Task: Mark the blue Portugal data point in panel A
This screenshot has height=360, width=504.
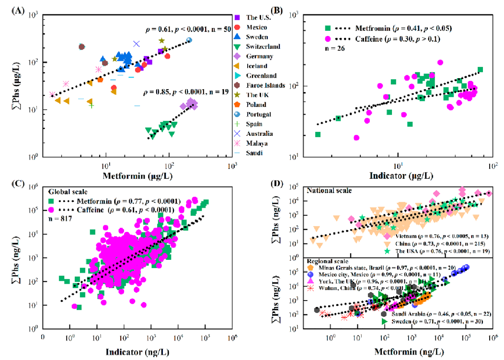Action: pyautogui.click(x=189, y=40)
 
